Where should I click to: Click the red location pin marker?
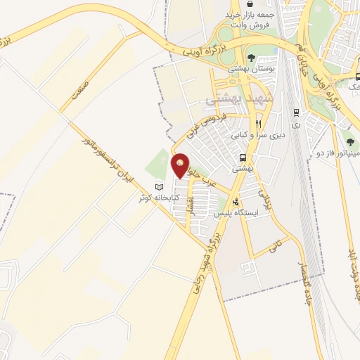(180, 165)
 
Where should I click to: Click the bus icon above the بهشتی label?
(243, 158)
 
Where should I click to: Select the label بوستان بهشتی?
(251, 70)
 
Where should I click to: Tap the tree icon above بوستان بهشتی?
(251, 58)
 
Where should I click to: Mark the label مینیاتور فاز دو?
(349, 153)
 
